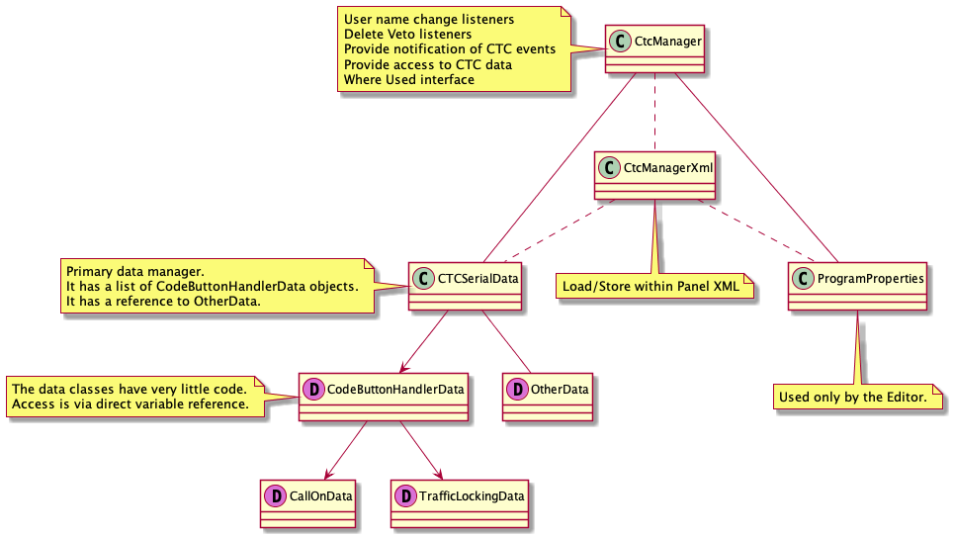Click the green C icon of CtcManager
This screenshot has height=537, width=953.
[x=621, y=42]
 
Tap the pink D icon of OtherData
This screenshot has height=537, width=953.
[x=517, y=389]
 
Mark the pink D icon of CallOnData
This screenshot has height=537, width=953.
[x=274, y=494]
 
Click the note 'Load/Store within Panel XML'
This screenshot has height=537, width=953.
[x=654, y=288]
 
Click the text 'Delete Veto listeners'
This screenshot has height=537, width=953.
[x=407, y=34]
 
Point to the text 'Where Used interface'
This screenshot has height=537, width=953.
[x=408, y=79]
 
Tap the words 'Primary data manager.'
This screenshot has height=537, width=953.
[x=133, y=271]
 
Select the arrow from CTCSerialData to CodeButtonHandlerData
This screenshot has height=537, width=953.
[x=426, y=341]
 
